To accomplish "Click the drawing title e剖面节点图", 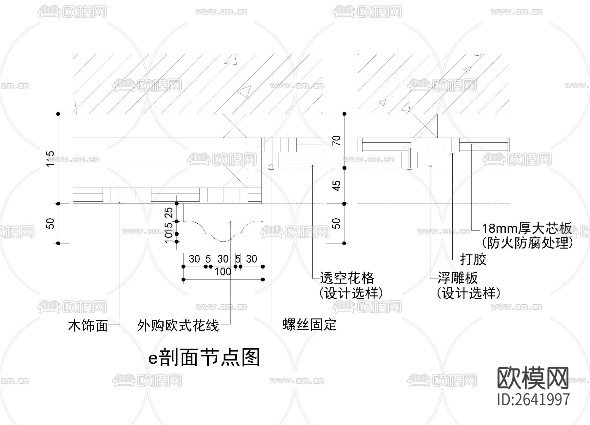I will pos(204,357).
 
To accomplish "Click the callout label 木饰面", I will pos(88,326).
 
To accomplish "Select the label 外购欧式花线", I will pos(178,326).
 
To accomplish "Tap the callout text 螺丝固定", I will pos(309,325).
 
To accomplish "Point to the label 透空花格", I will pos(347,278).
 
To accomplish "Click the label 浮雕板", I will pos(458,278).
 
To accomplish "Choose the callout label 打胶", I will pos(473,259).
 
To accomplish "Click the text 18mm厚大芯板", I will pos(526,229).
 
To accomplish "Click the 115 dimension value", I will pos(50,159).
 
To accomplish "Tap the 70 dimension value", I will pos(337,141).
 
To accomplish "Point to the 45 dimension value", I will pos(337,186).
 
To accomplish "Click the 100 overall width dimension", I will pos(223,272).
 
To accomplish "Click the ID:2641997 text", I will pos(533,399).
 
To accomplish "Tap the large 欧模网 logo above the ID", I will pos(533,378).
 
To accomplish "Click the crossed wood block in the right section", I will pos(425,126).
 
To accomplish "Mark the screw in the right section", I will pos(409,160).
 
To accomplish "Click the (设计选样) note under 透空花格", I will pos(351,293).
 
